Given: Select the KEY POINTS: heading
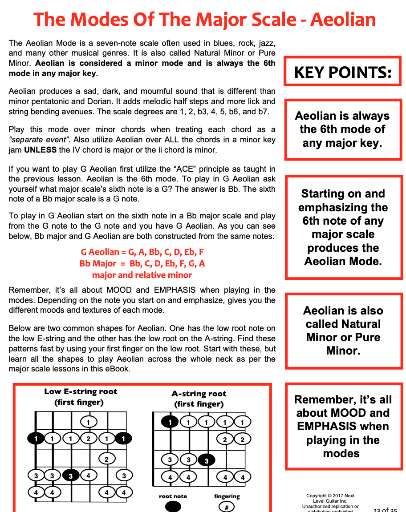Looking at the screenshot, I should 343,72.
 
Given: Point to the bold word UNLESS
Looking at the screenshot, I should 40,150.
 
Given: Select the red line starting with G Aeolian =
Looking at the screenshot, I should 142,252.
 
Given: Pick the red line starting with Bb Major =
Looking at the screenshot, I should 142,263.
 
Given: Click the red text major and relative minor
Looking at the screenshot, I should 142,275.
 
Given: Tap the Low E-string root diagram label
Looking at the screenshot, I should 81,391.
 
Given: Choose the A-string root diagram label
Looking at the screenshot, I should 199,394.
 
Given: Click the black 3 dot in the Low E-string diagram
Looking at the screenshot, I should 71,476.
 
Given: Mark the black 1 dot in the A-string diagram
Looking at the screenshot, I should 170,422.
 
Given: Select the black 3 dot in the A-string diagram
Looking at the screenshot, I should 206,460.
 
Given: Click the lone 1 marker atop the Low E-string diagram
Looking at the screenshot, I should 89,422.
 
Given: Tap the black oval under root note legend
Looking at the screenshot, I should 173,507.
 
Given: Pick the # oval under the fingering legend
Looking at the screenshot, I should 226,508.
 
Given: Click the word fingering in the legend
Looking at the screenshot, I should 227,496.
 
